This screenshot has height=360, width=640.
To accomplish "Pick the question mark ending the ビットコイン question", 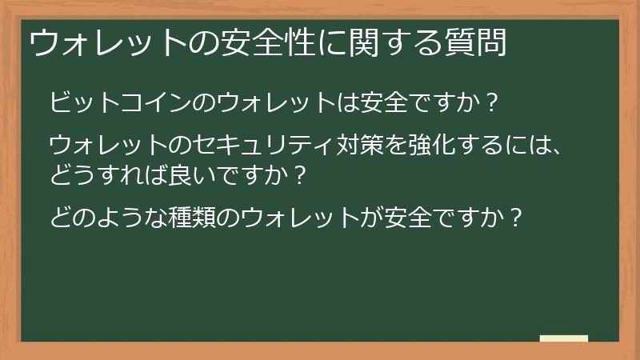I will pos(492,103).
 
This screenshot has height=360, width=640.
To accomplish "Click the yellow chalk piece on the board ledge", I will pos(563,338).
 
